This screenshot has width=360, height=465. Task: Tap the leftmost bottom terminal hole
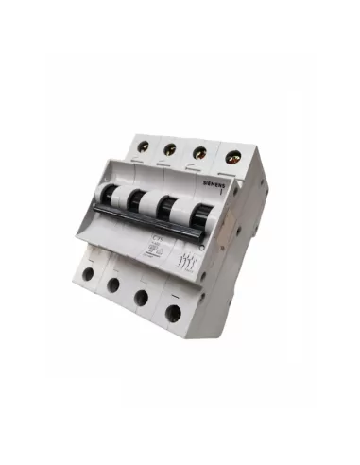click(88, 277)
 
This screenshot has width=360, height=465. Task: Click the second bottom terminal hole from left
click(113, 285)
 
